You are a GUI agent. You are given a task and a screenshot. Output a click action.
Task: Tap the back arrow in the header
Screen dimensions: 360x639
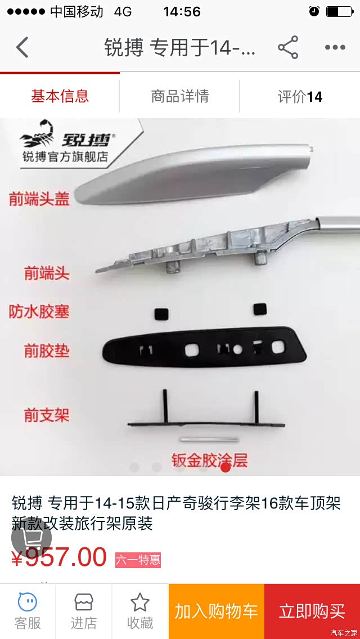pos(22,47)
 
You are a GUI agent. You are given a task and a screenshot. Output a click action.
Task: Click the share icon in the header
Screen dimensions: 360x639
pos(288,47)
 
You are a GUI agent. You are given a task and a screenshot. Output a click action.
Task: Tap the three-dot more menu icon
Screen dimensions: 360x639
pos(335,48)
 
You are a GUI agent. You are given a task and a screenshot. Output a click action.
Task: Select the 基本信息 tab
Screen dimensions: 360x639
pos(60,97)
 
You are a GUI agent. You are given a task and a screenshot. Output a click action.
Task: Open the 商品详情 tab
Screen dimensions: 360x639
pos(180,97)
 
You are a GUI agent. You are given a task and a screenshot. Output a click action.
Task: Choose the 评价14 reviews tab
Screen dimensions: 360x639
pos(300,97)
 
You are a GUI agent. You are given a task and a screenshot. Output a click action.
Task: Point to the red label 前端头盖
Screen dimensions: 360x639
pos(39,199)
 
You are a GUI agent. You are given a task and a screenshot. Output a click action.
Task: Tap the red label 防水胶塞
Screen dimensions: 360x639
pos(39,312)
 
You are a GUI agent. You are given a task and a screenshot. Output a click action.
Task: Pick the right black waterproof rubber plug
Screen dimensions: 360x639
pos(260,309)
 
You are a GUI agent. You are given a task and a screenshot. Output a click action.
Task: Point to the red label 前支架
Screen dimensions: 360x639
pos(47,415)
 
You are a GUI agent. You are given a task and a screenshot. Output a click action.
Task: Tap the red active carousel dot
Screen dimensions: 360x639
pos(226,467)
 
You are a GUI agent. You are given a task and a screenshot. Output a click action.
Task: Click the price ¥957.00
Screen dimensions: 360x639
pos(59,557)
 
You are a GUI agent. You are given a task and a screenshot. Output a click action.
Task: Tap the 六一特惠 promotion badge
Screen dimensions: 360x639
pos(138,560)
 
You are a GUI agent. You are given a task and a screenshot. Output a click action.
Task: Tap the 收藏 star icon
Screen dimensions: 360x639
pos(140,602)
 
